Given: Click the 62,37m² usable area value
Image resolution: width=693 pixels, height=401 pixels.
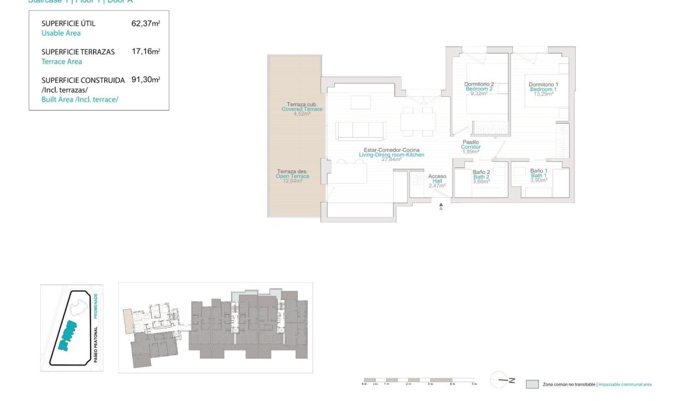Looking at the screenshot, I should [145, 23].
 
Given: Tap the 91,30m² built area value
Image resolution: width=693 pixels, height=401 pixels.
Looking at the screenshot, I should [145, 80].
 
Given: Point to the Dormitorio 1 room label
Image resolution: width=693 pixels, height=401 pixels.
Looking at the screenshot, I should [543, 85].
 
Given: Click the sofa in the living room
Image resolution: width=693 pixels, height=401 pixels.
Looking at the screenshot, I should [362, 130].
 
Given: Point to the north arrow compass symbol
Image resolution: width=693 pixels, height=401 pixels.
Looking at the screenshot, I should [502, 380].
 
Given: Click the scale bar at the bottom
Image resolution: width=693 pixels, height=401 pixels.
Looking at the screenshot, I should [419, 380].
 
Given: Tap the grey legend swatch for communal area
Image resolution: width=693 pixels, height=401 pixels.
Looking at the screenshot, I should [532, 384].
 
